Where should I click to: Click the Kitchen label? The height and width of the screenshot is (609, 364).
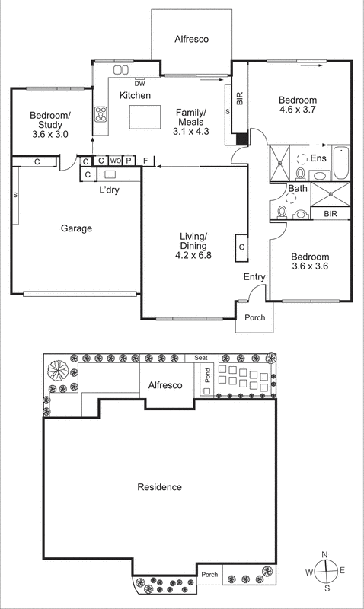[135, 95]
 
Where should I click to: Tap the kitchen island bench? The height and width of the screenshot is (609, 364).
[145, 117]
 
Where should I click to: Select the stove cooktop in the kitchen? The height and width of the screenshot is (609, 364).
[101, 115]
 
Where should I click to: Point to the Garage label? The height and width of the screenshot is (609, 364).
[76, 228]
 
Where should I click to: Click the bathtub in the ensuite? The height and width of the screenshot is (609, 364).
[341, 162]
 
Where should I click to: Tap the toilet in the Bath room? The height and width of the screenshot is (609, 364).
[283, 211]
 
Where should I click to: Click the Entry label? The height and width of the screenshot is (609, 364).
[254, 276]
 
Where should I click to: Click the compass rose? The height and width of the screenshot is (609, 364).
[326, 572]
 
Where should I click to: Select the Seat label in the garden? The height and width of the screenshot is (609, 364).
[201, 358]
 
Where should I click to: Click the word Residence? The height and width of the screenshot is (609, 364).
[159, 487]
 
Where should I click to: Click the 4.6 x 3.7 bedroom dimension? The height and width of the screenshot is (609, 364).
[297, 110]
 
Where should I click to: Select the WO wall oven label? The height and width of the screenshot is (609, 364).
[114, 161]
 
